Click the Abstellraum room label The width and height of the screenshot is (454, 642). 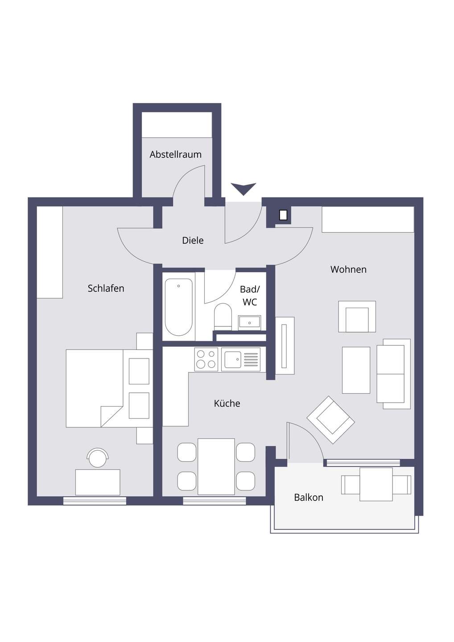click(175, 154)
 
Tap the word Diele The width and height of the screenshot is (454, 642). click(193, 240)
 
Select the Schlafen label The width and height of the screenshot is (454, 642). click(106, 288)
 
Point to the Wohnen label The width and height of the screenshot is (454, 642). click(348, 269)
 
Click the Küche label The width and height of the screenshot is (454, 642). click(227, 403)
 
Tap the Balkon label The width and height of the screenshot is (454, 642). click(309, 497)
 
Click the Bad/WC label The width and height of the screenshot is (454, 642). click(250, 296)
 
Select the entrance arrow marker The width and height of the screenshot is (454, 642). click(244, 189)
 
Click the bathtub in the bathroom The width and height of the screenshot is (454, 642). click(178, 307)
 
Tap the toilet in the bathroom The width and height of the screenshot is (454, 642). click(223, 317)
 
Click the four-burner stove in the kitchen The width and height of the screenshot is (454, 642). click(206, 359)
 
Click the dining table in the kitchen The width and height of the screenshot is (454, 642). click(216, 466)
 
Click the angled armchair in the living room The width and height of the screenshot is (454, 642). click(331, 420)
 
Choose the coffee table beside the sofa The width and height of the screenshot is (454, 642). click(356, 370)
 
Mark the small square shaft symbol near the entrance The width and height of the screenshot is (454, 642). click(283, 215)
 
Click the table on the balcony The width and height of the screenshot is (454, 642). click(376, 484)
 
